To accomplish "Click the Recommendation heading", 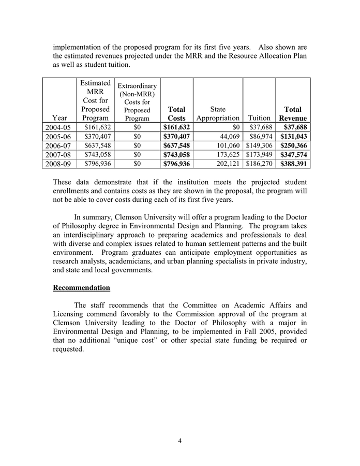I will pyautogui.click(x=81, y=287).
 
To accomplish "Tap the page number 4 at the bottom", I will pyautogui.click(x=179, y=441).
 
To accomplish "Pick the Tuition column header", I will pyautogui.click(x=259, y=118).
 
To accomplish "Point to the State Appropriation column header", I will pyautogui.click(x=218, y=114).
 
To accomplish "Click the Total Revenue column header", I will pyautogui.click(x=293, y=114).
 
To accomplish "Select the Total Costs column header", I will pyautogui.click(x=176, y=114).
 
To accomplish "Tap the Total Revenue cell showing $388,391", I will pyautogui.click(x=293, y=164).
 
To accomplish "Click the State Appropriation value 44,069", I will pyautogui.click(x=227, y=136).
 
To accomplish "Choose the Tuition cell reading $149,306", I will pyautogui.click(x=259, y=145).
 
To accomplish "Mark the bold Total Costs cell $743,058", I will pyautogui.click(x=176, y=155).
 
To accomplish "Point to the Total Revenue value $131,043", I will pyautogui.click(x=293, y=136).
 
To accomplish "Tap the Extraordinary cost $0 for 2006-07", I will pyautogui.click(x=137, y=145).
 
